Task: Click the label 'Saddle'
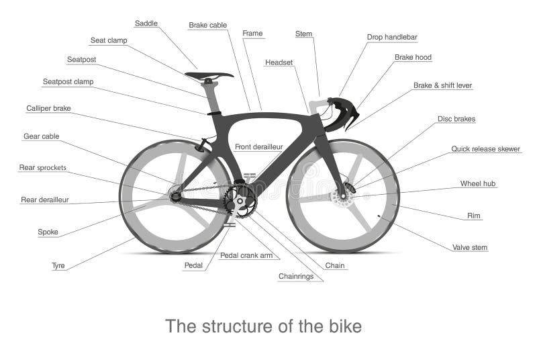click(146, 24)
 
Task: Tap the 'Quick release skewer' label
click(485, 149)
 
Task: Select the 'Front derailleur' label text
click(258, 146)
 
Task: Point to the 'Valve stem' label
click(470, 248)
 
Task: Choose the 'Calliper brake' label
click(48, 108)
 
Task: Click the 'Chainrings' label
click(295, 276)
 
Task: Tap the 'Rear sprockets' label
click(42, 167)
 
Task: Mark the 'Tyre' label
click(58, 265)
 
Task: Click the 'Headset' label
click(279, 62)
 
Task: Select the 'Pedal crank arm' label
click(246, 255)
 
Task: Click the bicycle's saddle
click(208, 75)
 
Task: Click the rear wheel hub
click(175, 196)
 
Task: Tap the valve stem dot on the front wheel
click(379, 216)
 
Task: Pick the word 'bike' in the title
click(344, 326)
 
